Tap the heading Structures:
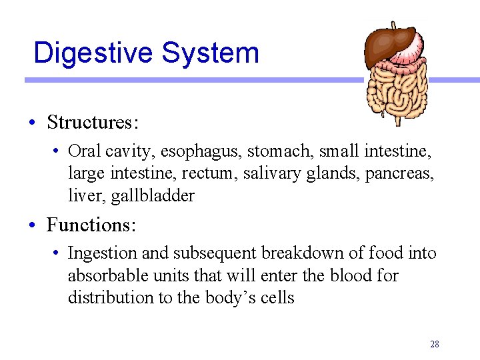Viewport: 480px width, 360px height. pyautogui.click(x=92, y=123)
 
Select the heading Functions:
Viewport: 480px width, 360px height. pyautogui.click(x=91, y=225)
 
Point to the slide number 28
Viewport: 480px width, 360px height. pyautogui.click(x=435, y=345)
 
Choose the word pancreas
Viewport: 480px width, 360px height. pyautogui.click(x=405, y=173)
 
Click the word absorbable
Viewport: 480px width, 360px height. pyautogui.click(x=105, y=275)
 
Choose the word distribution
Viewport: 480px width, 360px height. pyautogui.click(x=110, y=297)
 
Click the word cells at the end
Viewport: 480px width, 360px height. pyautogui.click(x=277, y=297)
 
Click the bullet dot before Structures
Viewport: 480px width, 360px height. pyautogui.click(x=32, y=123)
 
